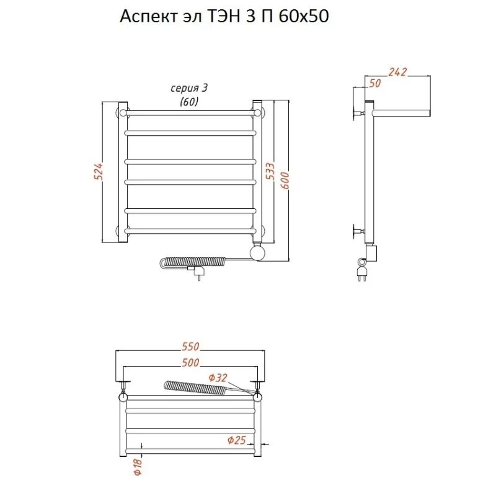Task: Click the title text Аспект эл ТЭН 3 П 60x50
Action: click(224, 17)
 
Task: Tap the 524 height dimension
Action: click(99, 172)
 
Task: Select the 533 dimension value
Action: click(270, 171)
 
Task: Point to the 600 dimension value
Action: click(285, 180)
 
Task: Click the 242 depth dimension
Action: click(397, 72)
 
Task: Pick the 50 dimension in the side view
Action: click(375, 84)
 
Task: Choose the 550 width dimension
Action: click(190, 347)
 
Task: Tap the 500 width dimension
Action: click(190, 363)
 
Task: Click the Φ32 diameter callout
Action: click(218, 378)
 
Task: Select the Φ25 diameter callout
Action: click(237, 440)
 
